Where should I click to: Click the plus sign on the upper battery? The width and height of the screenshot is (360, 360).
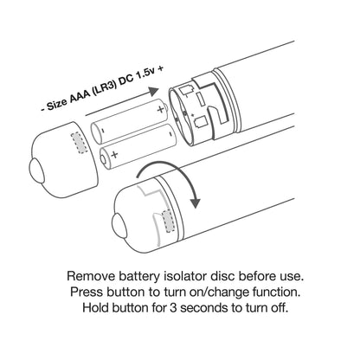(161, 109)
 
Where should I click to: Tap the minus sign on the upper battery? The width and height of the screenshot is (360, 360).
(103, 130)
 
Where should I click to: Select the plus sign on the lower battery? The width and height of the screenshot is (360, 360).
(114, 154)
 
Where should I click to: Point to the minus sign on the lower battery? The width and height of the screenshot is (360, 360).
(170, 133)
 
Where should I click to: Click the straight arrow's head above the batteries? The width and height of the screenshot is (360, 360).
(152, 91)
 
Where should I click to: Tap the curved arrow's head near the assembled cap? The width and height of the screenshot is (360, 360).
(195, 202)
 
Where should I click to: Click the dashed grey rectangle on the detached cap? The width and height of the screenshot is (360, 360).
(80, 143)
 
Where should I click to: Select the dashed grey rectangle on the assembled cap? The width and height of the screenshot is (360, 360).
(169, 222)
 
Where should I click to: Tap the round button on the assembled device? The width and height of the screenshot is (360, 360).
(119, 226)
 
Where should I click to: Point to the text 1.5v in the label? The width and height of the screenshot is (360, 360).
(145, 76)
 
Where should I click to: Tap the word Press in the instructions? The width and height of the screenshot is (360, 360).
(87, 292)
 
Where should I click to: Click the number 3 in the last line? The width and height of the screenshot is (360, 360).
(173, 307)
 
